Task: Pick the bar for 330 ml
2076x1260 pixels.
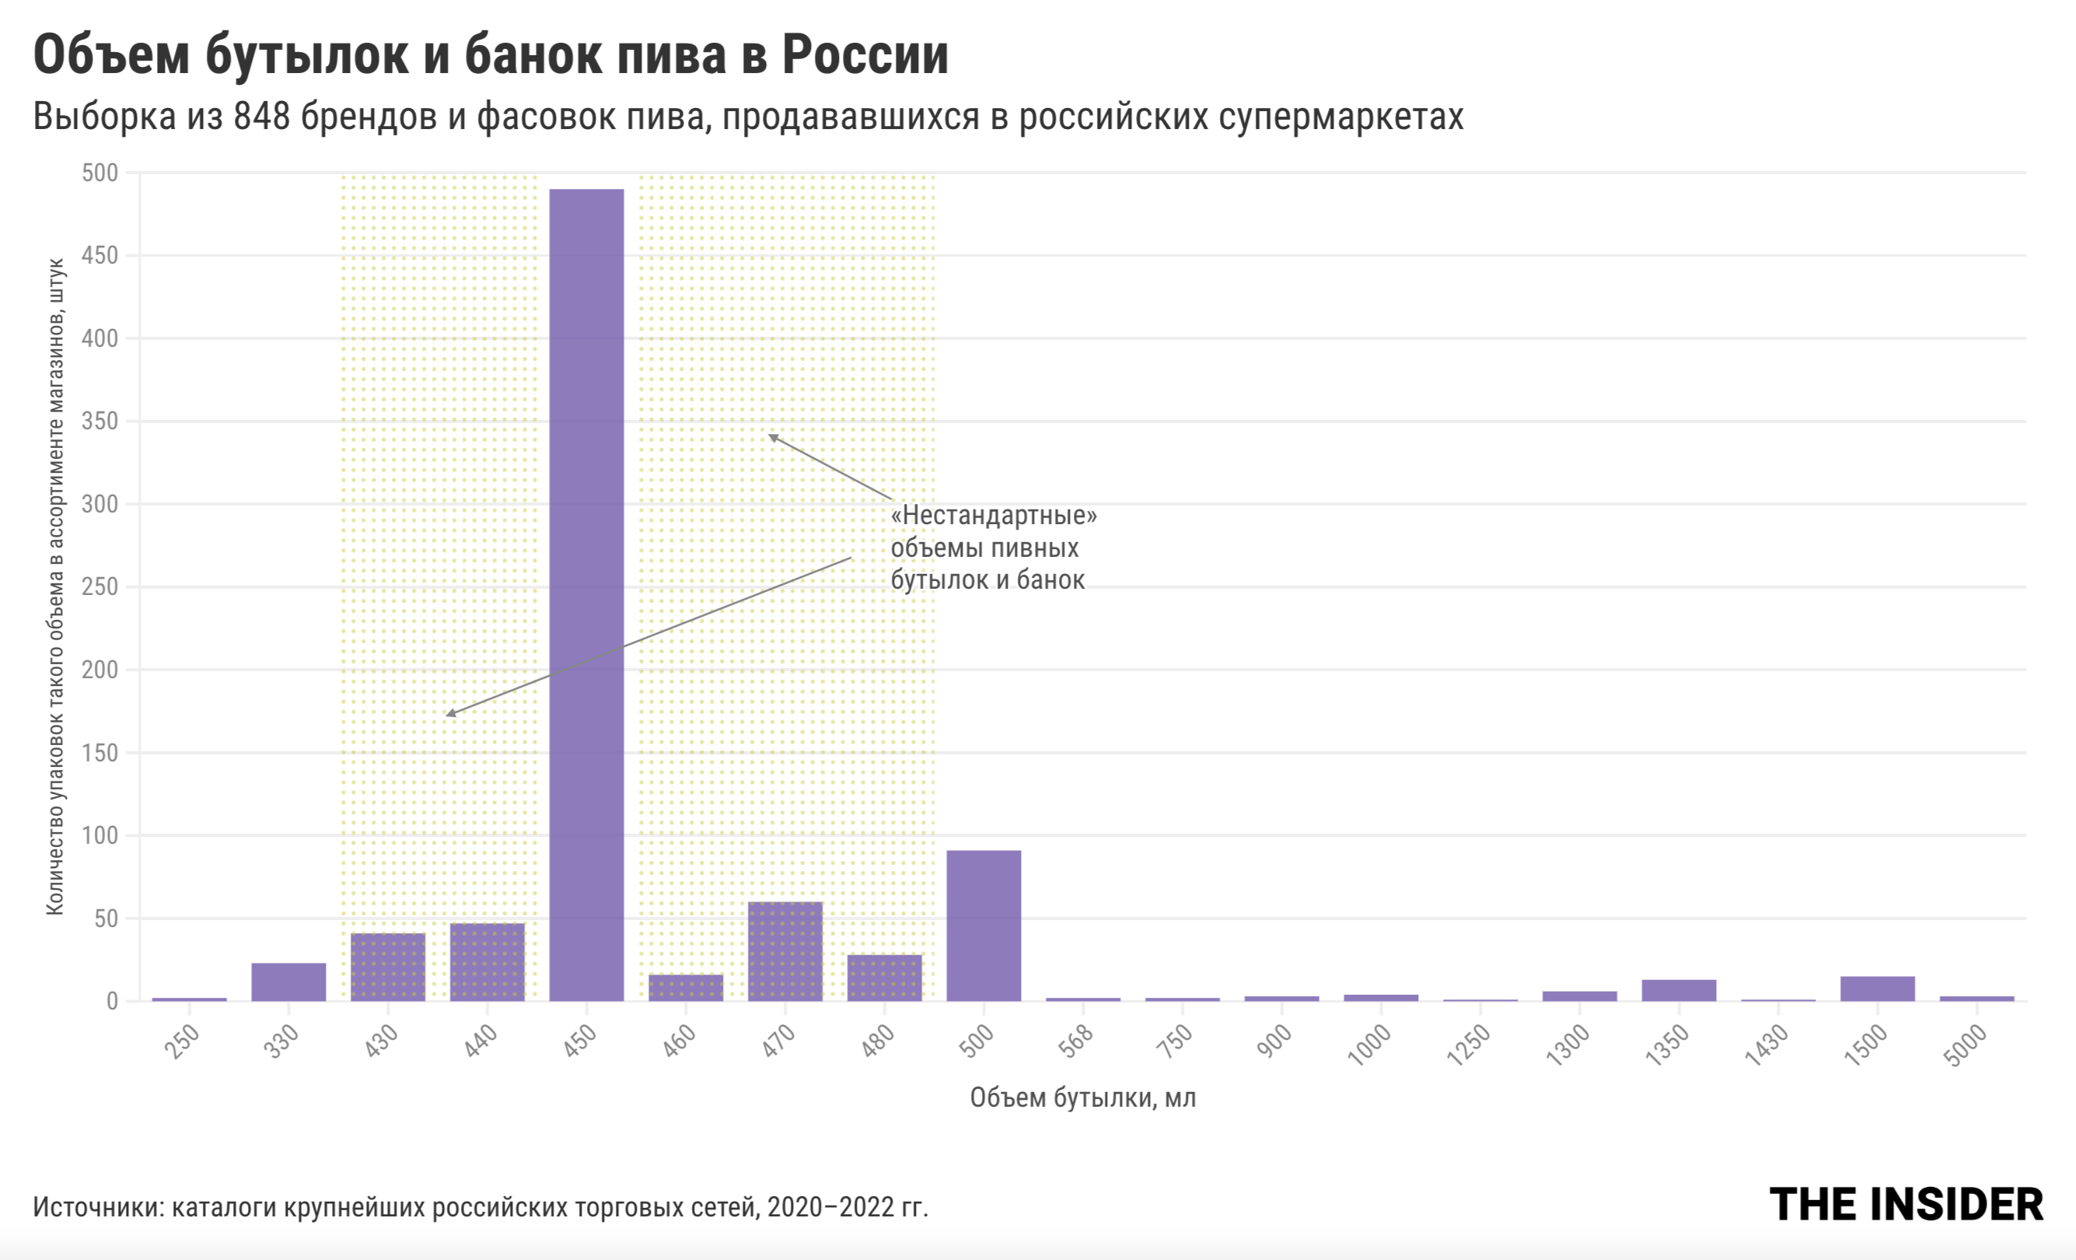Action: (x=288, y=982)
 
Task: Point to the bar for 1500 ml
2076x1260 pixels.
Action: (x=1877, y=989)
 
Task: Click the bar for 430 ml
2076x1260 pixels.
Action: (x=387, y=967)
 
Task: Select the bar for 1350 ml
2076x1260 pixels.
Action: (x=1679, y=990)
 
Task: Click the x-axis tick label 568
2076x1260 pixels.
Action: (x=1076, y=1041)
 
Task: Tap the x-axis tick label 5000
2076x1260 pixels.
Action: (x=1965, y=1046)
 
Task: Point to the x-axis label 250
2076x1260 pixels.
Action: (x=182, y=1041)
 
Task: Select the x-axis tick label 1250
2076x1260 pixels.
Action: (x=1469, y=1046)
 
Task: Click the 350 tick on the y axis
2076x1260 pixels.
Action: (x=100, y=422)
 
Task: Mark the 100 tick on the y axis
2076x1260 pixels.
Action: (x=100, y=836)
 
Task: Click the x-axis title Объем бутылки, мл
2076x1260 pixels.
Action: (x=1082, y=1098)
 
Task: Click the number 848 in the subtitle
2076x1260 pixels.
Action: (x=261, y=117)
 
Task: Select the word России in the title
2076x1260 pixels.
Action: (x=865, y=56)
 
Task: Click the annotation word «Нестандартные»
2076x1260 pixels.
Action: (x=994, y=515)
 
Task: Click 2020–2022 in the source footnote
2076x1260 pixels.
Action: (x=830, y=1208)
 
